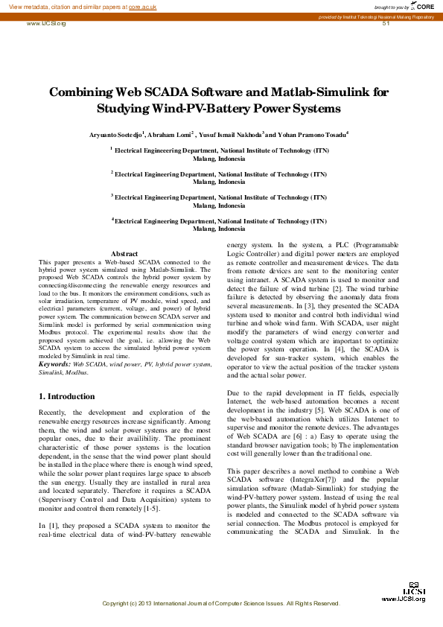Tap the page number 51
[386, 24]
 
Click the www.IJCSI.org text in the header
[46, 24]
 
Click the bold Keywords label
[54, 364]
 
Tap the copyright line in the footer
[221, 603]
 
